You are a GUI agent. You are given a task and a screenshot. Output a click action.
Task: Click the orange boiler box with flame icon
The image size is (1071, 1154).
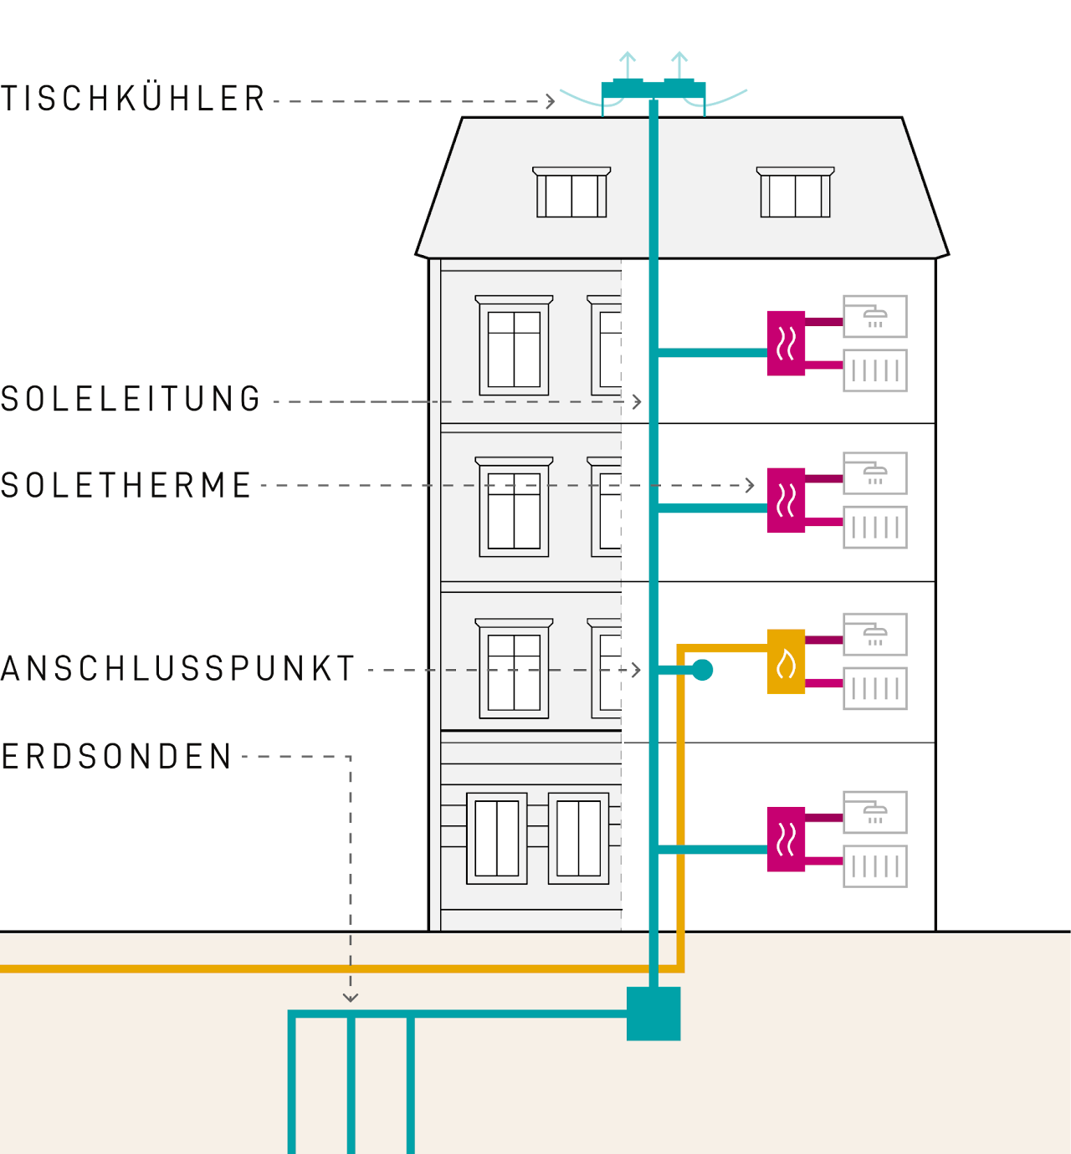pos(786,661)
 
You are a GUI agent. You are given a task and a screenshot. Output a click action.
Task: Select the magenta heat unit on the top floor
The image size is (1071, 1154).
pos(786,343)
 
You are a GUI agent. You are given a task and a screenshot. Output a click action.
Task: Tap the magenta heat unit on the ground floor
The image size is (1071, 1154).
pos(786,839)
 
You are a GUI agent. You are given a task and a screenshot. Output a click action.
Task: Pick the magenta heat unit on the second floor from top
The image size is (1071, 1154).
pos(786,500)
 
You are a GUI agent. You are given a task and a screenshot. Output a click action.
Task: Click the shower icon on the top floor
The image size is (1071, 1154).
pos(874,316)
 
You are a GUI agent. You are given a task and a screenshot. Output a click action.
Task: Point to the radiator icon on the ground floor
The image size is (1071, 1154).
pos(874,866)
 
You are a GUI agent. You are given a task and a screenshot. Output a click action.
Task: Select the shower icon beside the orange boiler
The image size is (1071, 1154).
pos(874,635)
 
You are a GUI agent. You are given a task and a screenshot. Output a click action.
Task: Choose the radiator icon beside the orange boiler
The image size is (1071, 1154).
pos(874,688)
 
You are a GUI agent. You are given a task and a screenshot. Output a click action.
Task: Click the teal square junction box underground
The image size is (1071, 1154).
pos(653,1014)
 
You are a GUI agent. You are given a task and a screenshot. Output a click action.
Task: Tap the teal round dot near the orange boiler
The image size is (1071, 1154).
pos(702,670)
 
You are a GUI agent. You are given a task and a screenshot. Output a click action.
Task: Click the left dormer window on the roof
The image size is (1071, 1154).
pos(571,193)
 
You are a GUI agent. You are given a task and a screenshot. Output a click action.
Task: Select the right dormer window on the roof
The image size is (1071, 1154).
pos(795,193)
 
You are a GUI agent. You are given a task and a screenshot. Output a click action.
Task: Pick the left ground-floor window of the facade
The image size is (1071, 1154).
pos(497,838)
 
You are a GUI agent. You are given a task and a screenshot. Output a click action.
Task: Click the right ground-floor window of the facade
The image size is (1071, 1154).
pos(578,838)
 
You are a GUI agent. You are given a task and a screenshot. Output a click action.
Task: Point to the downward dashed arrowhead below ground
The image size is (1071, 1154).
pos(351,998)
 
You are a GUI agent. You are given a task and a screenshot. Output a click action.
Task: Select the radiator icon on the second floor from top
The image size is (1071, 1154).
pos(874,528)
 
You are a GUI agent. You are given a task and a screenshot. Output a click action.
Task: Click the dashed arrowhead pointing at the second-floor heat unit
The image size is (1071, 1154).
pos(750,485)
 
